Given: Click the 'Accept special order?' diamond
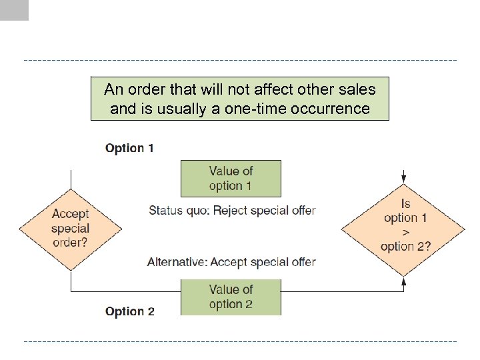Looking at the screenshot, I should point(70,228).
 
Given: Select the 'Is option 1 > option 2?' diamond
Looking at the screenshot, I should point(404,225).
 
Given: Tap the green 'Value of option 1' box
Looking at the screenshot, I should point(231,178).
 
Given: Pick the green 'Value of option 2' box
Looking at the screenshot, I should point(231,297).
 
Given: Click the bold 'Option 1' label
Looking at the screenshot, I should point(129,148).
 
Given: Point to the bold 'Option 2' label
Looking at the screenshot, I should point(130,311).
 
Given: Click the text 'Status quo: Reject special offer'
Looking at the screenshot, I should point(231,210).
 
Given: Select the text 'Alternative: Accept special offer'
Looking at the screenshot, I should point(231,262).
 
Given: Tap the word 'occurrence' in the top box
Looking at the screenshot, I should point(331,108).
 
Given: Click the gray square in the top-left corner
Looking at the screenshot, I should point(14,10).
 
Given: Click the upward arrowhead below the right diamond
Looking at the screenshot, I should point(404,282).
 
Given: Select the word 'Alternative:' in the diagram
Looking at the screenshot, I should point(177,262).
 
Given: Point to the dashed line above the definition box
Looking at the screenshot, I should point(240,61).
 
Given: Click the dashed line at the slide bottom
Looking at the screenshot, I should point(240,341).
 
